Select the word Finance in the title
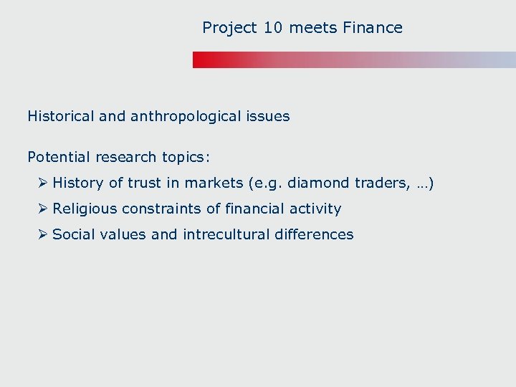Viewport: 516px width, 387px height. coord(373,28)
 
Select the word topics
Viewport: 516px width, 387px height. coord(185,156)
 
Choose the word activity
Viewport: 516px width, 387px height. coord(315,209)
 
